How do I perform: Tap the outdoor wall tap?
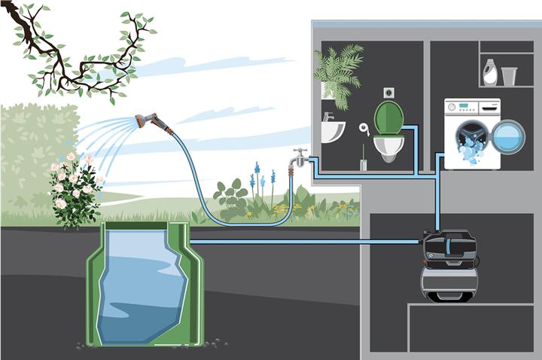pos(300,160)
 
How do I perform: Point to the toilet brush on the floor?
pos(363,160)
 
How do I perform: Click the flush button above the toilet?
pos(389,92)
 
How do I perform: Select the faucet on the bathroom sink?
pos(328,117)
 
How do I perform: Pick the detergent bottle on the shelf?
pos(489,73)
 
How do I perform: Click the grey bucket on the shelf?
pos(509,76)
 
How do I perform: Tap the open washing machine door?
pos(508,137)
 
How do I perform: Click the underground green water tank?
pos(144,286)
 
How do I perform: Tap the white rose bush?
pos(75,188)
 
